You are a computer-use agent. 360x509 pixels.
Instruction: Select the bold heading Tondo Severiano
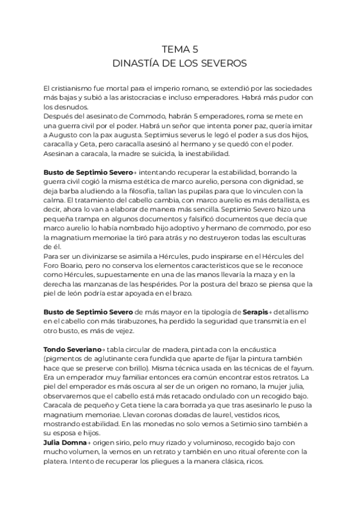72,349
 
